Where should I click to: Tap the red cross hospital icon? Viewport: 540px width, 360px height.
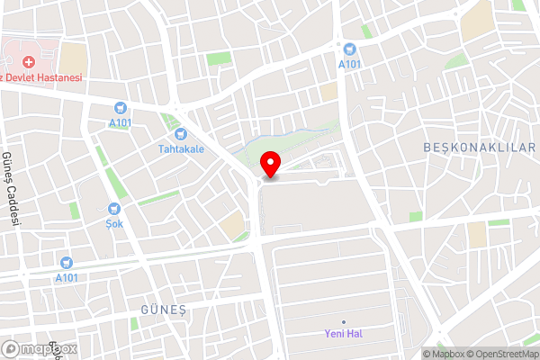coord(29,61)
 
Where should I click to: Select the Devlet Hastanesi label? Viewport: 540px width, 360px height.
coord(45,78)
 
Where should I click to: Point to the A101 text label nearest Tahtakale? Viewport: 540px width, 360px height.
coord(120,121)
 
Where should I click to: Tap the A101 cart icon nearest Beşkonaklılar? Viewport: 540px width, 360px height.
coord(350,49)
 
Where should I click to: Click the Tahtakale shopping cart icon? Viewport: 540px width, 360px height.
coord(180,134)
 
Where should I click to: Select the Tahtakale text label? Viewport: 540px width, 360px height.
coord(180,148)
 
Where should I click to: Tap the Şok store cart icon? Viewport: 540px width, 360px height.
coord(114,208)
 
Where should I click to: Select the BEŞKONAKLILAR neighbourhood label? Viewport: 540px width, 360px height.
coord(478,147)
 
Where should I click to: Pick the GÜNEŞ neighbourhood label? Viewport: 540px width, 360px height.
coord(162,309)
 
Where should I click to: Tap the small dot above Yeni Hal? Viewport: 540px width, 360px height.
coord(343,321)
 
